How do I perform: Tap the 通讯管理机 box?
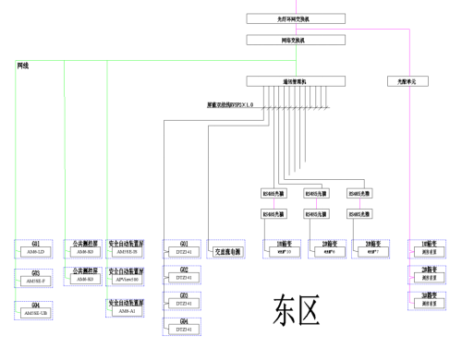296,81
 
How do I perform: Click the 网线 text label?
24,66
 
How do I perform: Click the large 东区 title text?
297,311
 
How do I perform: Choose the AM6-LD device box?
36,250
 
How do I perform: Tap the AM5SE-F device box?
36,279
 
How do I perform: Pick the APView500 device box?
125,279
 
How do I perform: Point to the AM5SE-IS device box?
125,250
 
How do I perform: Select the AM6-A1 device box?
125,309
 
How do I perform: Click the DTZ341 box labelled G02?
184,276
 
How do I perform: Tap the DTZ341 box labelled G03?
184,301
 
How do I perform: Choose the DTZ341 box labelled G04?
184,327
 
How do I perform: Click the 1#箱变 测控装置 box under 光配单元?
428,248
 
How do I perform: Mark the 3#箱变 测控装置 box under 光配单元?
428,300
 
